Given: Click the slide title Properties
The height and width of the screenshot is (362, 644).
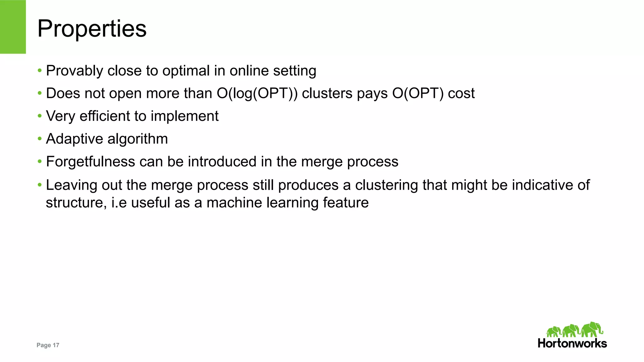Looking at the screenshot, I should pos(92,29).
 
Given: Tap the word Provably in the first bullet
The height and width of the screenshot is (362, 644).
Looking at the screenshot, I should pos(74,71).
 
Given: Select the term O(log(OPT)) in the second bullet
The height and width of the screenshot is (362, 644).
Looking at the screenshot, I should pos(257,94).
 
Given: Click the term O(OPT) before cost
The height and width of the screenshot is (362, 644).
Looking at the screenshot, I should pos(418,94).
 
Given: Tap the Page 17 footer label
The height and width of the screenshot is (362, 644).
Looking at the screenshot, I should pos(48,345).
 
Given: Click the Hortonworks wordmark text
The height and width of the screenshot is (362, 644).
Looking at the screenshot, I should pos(572,343).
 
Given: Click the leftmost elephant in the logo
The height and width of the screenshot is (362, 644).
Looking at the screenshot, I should pos(553,332).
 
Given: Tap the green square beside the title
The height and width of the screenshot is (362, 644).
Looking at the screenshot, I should pos(13,27).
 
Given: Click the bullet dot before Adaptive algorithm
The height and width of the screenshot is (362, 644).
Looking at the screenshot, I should pos(40,138).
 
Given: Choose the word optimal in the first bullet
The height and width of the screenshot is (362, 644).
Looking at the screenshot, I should pos(186,71).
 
